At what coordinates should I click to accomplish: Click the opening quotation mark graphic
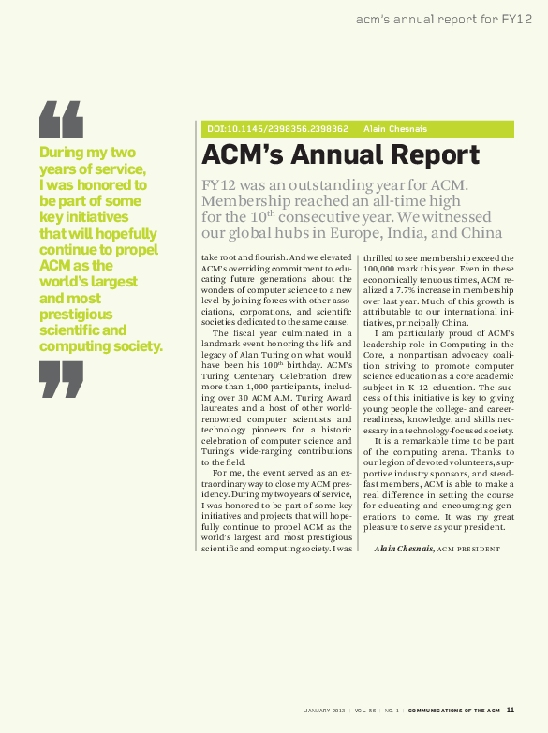[x=61, y=118]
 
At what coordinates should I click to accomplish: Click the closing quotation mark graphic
[x=61, y=378]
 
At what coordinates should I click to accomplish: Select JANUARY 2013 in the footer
[x=324, y=711]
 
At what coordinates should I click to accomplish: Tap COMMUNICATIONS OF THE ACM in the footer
[x=454, y=711]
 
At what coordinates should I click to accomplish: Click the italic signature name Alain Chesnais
[x=403, y=548]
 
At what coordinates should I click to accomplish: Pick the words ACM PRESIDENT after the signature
[x=467, y=549]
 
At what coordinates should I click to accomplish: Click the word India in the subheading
[x=395, y=233]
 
